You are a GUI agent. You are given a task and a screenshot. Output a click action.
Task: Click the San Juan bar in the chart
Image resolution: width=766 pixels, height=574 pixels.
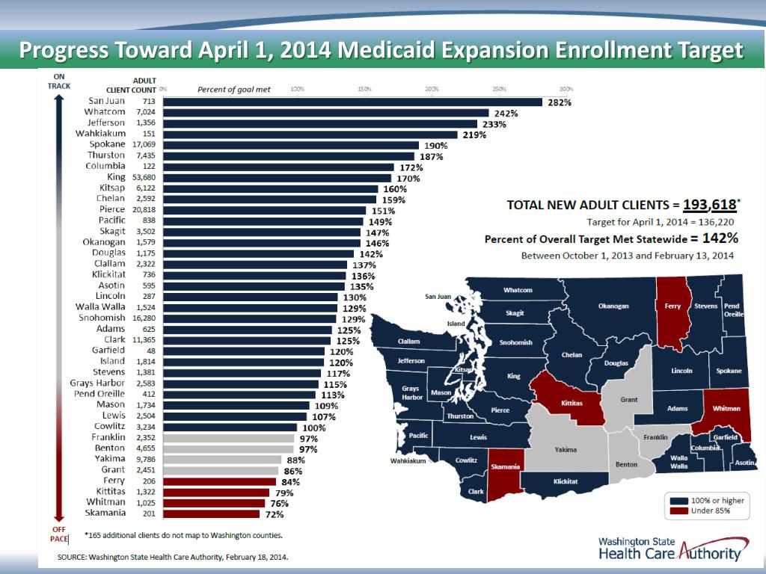click(x=352, y=102)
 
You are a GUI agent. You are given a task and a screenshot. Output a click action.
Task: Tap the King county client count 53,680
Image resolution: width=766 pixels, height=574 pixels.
click(x=144, y=177)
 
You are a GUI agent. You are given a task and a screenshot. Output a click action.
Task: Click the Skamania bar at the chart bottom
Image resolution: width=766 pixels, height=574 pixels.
click(x=211, y=513)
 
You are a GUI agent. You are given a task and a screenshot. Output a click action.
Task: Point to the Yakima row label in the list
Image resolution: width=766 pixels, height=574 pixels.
click(x=110, y=458)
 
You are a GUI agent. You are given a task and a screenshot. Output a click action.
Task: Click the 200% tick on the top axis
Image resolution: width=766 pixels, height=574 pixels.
click(x=432, y=89)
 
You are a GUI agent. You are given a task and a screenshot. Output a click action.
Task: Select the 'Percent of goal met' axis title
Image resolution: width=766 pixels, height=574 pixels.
click(x=233, y=90)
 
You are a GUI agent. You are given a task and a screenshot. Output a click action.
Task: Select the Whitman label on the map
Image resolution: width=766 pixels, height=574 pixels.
click(x=726, y=409)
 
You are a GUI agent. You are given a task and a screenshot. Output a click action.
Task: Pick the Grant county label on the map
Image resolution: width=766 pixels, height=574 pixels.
click(x=628, y=400)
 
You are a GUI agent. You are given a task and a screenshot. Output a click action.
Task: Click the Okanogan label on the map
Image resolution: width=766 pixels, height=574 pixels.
click(x=613, y=306)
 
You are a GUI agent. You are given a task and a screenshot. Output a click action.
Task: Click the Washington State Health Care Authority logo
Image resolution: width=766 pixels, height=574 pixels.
click(x=672, y=549)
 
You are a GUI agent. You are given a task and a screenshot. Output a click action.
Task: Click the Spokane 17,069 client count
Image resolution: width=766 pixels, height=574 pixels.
click(x=144, y=144)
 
